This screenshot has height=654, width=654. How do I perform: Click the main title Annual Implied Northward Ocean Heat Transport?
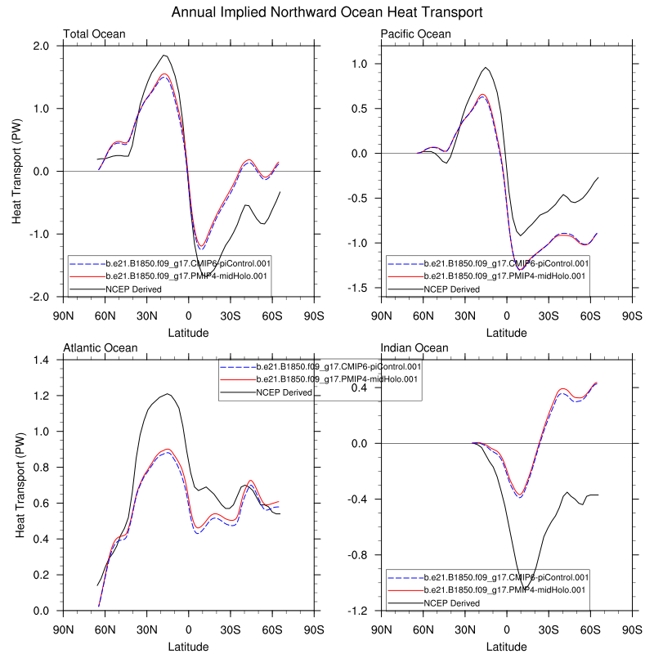coord(327,12)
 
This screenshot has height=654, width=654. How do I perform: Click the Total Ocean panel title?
coord(93,34)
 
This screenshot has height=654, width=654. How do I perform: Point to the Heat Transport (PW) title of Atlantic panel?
coord(20,485)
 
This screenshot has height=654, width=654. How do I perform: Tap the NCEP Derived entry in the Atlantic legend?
coord(283,392)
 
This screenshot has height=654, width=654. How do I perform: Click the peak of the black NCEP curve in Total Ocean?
coord(164,55)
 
